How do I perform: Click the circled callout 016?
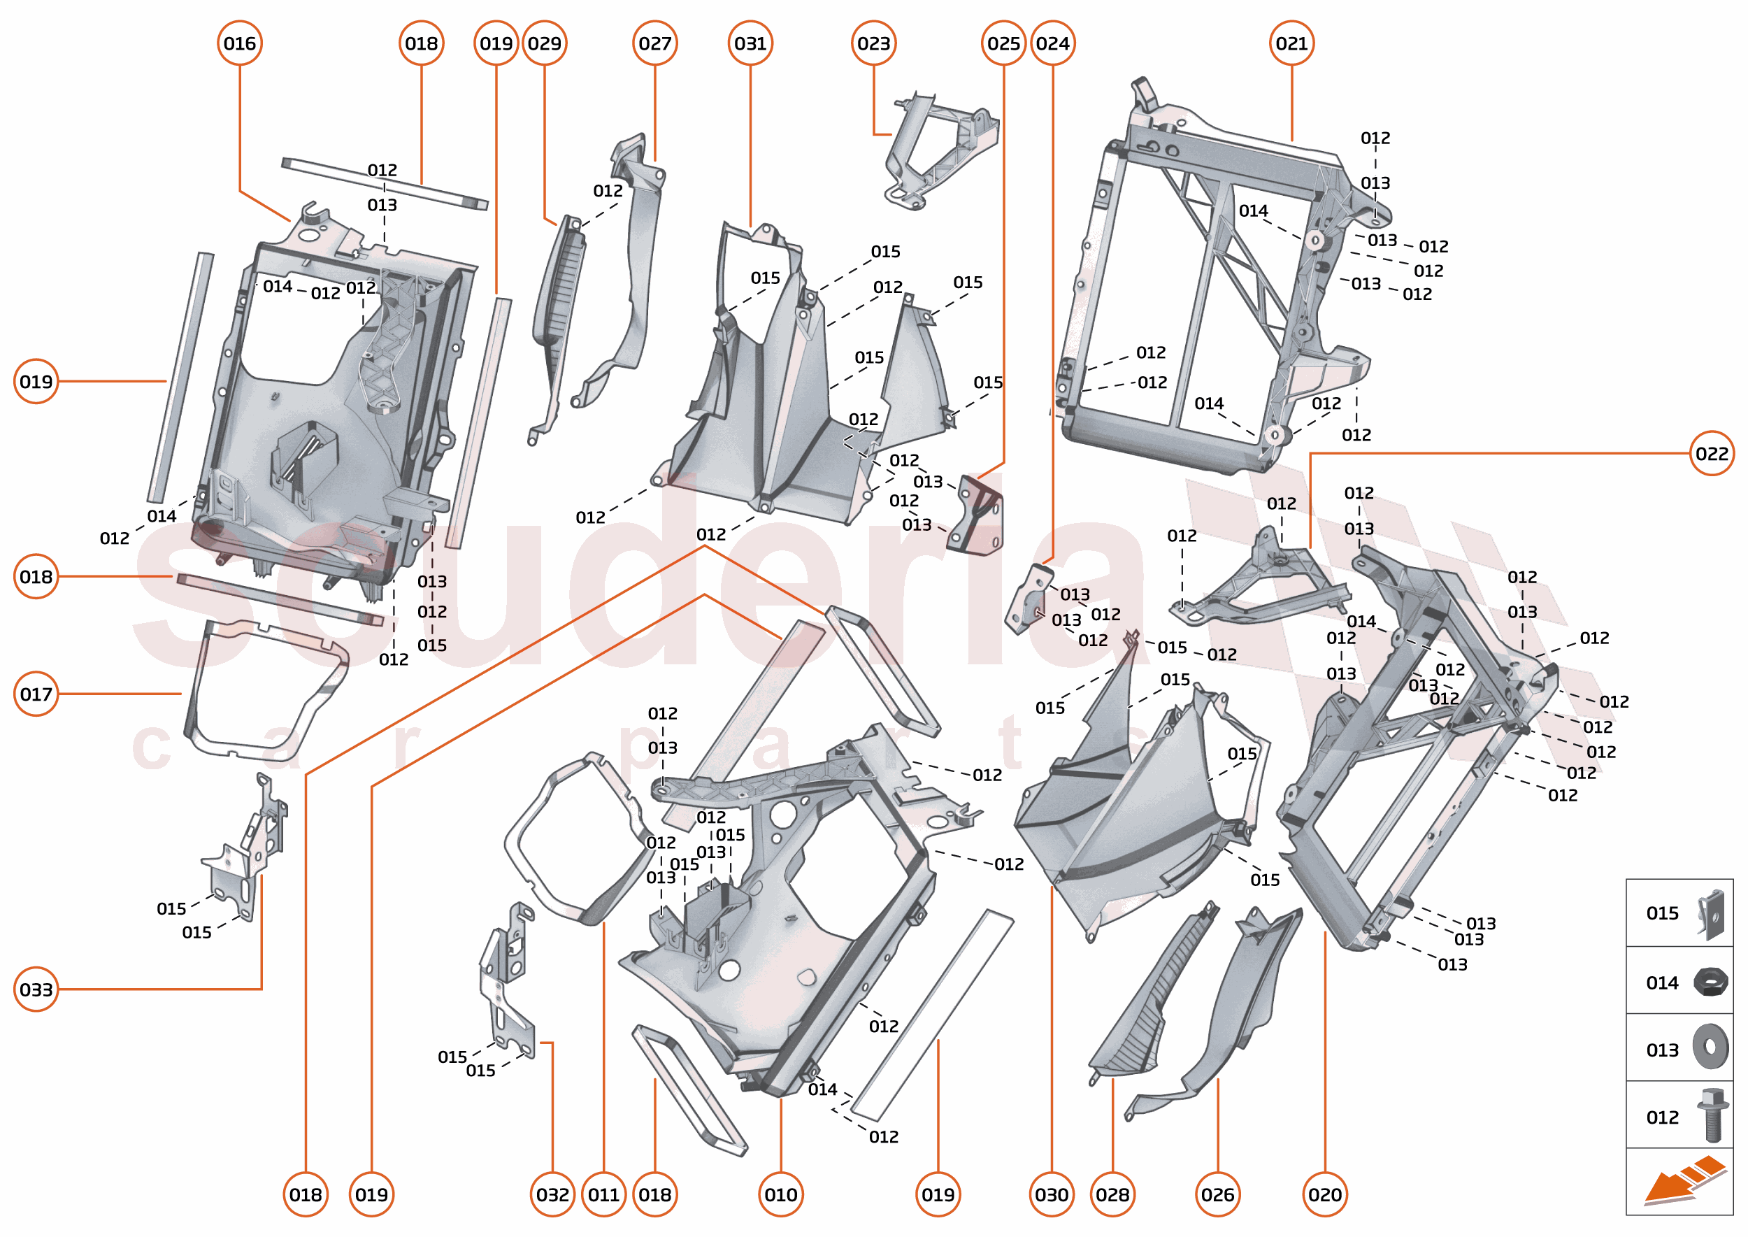point(239,43)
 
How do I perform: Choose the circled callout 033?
point(36,989)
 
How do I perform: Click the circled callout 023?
point(873,43)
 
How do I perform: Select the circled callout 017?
point(36,694)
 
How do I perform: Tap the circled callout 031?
point(750,43)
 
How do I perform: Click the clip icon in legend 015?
point(1711,913)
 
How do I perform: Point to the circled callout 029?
point(544,43)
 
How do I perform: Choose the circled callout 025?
point(1003,43)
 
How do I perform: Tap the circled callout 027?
point(654,43)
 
